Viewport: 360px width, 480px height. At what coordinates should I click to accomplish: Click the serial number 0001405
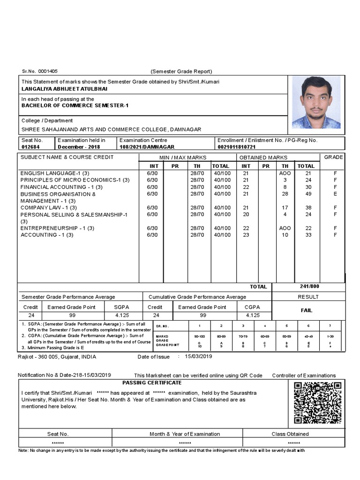point(48,71)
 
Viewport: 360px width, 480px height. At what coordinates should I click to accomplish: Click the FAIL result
point(307,310)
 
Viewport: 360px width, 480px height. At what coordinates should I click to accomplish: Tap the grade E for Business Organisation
point(335,194)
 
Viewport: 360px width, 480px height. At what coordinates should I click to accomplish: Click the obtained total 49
point(306,194)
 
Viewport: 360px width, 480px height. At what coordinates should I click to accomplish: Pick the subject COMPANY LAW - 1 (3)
point(49,208)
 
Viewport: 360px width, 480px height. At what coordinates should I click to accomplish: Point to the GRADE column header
point(333,157)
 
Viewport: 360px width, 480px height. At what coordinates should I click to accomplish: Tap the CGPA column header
point(252,307)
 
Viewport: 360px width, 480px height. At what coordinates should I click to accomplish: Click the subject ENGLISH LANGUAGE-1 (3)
point(55,173)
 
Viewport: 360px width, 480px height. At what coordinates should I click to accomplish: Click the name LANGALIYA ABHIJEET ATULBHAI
point(64,88)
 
